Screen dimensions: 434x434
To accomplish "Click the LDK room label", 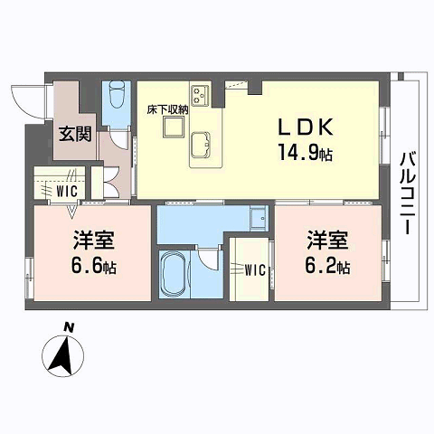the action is click(x=306, y=127).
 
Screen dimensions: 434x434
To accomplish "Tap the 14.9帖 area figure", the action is click(x=306, y=152).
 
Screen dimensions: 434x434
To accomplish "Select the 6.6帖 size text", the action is click(x=94, y=266).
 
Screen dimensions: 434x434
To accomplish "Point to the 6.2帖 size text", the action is click(x=327, y=266).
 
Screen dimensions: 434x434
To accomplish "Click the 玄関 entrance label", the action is click(x=75, y=134).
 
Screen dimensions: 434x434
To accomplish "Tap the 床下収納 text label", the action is click(x=167, y=109).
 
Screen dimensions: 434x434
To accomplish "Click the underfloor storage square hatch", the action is click(x=174, y=127).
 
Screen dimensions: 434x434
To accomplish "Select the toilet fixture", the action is click(x=117, y=94).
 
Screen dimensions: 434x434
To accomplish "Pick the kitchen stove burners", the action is click(x=200, y=95).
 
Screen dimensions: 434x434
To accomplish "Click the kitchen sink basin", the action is click(x=200, y=145).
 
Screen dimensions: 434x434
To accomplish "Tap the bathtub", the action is click(x=174, y=274).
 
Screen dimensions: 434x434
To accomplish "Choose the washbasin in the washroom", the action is click(x=259, y=218).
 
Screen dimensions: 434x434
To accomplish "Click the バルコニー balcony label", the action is click(x=408, y=193).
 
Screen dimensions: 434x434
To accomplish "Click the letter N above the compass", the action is click(x=69, y=327).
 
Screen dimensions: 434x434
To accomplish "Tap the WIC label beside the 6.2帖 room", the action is click(x=255, y=270).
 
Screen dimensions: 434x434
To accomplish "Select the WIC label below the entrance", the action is click(x=67, y=191).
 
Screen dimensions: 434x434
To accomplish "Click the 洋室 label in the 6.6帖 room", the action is click(x=94, y=241).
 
